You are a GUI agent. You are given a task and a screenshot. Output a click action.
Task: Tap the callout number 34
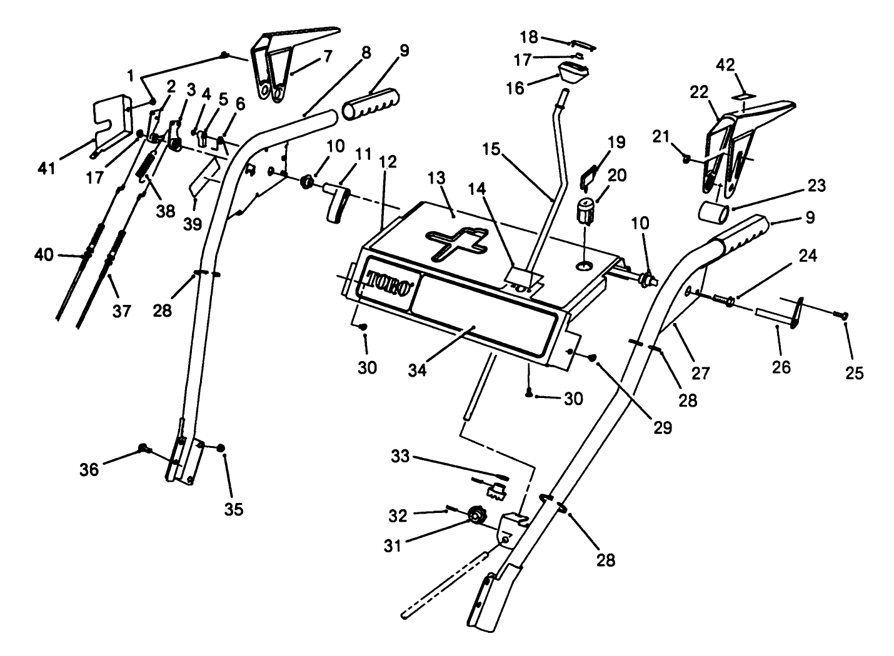click(x=417, y=369)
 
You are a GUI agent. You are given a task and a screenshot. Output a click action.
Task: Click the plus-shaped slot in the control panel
click(x=455, y=244)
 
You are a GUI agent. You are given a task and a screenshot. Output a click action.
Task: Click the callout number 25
click(x=854, y=372)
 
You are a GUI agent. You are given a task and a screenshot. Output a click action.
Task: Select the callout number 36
click(x=89, y=469)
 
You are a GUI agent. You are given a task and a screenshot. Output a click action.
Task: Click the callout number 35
click(x=234, y=509)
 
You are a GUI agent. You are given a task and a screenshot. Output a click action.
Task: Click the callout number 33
click(x=400, y=457)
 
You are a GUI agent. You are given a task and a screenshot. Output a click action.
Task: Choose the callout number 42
click(x=726, y=65)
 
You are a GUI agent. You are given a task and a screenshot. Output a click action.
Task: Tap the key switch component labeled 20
click(x=585, y=210)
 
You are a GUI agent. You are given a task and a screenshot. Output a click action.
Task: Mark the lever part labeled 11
click(x=334, y=201)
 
